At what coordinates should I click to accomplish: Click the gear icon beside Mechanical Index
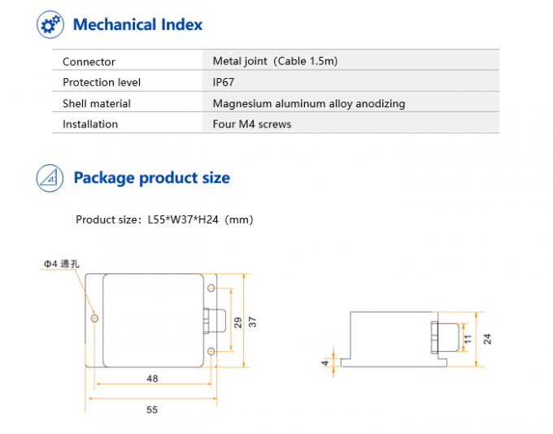pyautogui.click(x=50, y=24)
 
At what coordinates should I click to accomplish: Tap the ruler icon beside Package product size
pyautogui.click(x=50, y=178)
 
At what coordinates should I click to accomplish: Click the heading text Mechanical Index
pyautogui.click(x=137, y=24)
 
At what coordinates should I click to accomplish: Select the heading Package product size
pyautogui.click(x=151, y=178)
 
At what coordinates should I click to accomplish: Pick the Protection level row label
pyautogui.click(x=102, y=82)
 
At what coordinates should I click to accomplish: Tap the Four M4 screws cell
pyautogui.click(x=251, y=124)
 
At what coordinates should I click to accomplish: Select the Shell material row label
pyautogui.click(x=97, y=103)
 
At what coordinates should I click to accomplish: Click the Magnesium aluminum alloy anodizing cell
pyautogui.click(x=308, y=103)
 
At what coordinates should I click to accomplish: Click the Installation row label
pyautogui.click(x=90, y=124)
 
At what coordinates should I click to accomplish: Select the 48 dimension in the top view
pyautogui.click(x=152, y=378)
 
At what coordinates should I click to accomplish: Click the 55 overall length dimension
pyautogui.click(x=152, y=410)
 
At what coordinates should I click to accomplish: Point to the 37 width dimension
pyautogui.click(x=252, y=321)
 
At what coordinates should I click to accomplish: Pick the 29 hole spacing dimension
pyautogui.click(x=237, y=322)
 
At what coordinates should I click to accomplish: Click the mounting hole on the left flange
pyautogui.click(x=95, y=319)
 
